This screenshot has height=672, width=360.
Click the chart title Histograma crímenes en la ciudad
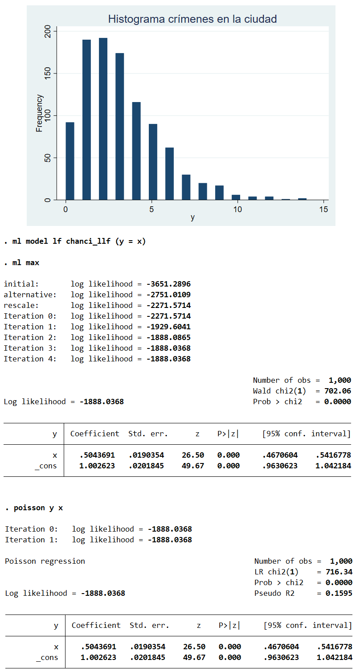pos(192,19)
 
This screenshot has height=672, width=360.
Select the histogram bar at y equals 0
pos(70,161)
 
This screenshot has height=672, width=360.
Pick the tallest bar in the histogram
pos(103,119)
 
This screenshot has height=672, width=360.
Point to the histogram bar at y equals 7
pos(186,187)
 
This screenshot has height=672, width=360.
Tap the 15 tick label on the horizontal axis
pos(324,209)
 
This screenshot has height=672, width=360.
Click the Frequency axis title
pos(40,113)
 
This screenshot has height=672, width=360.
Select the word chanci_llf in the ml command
pos(87,242)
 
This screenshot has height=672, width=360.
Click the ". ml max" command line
pos(22,263)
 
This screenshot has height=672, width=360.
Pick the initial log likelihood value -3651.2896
pos(168,284)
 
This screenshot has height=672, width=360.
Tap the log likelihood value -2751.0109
pos(168,295)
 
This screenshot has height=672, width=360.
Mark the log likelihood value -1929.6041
pos(168,327)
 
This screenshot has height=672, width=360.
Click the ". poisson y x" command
pos(34,508)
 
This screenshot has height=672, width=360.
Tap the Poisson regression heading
pos(45,561)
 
